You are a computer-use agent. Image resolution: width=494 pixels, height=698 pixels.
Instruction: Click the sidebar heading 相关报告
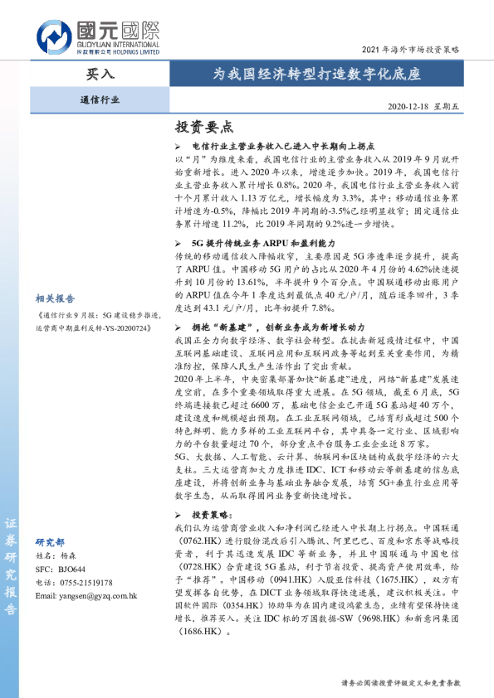55,298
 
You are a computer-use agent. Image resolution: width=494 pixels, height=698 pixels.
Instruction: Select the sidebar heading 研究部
50,541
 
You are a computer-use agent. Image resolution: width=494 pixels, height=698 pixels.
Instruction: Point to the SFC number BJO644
71,570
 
